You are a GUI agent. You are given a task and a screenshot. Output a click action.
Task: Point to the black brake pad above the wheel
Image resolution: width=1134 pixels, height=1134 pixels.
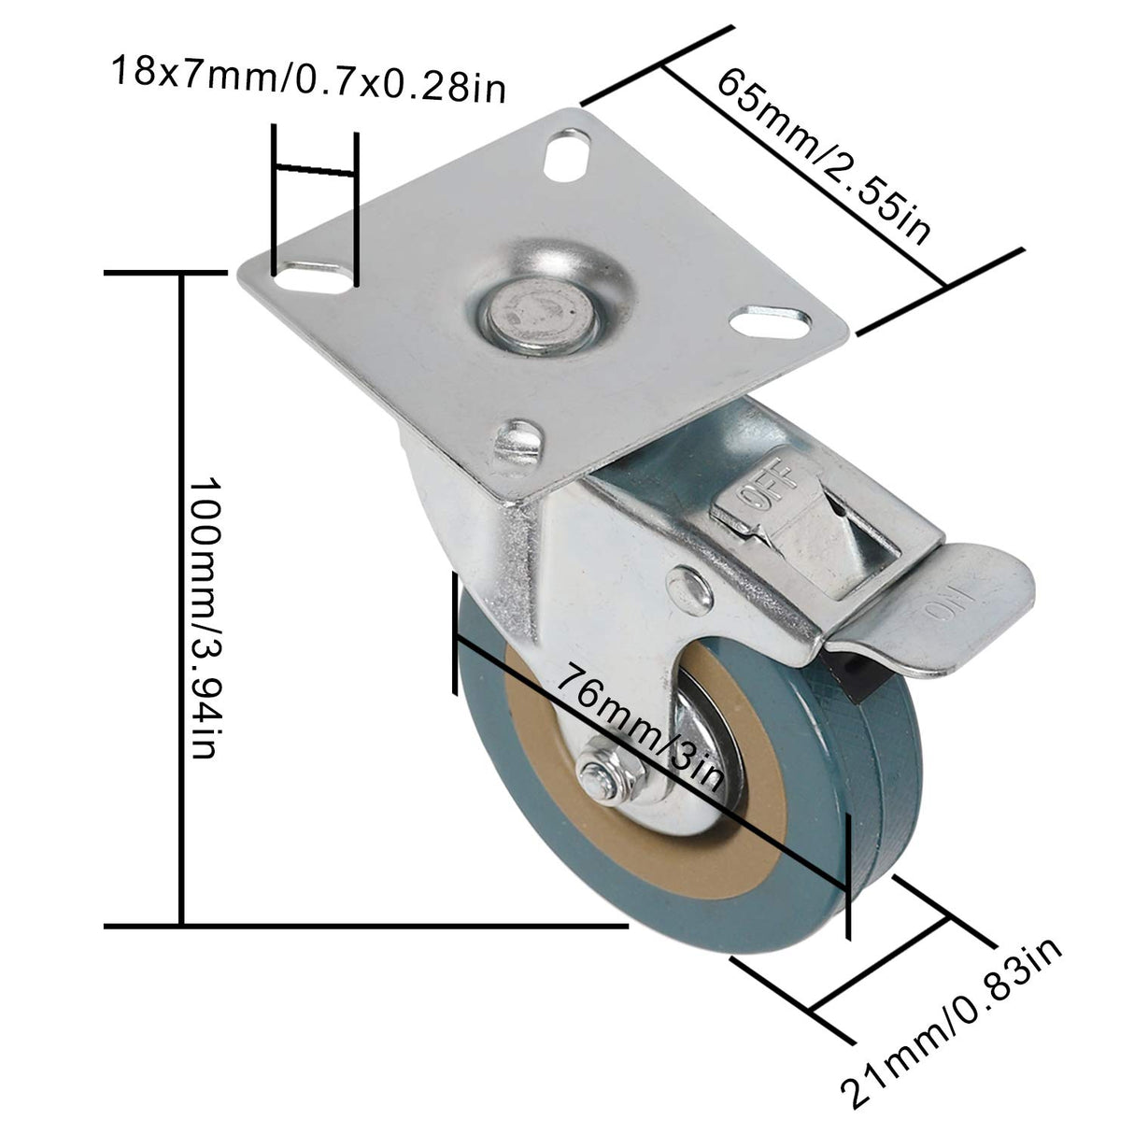point(844,673)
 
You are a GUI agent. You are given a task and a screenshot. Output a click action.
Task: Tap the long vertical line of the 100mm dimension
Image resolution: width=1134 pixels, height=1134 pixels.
point(180,598)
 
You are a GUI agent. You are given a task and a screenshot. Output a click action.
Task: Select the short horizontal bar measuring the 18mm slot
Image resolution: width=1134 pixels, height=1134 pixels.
point(315,171)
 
